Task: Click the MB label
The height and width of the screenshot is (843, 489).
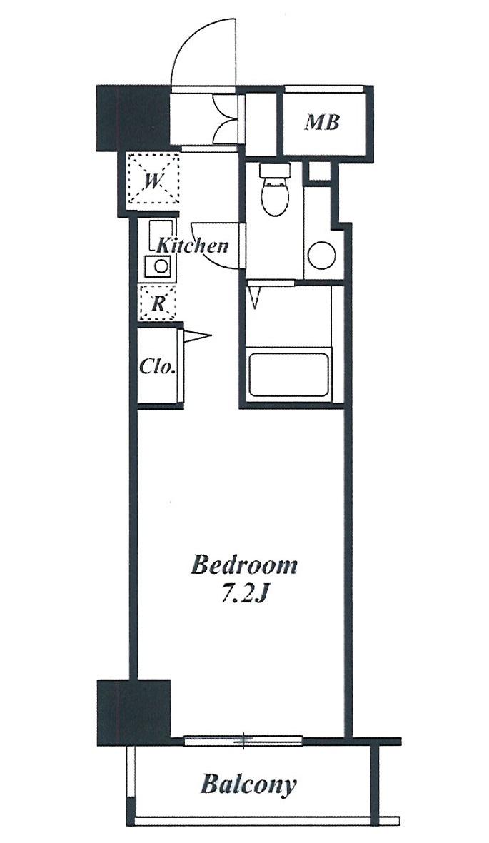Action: tap(322, 123)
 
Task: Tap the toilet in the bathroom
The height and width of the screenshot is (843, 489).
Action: tap(275, 191)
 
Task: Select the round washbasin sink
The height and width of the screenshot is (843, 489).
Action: tap(322, 255)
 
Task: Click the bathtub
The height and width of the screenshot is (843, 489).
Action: tap(288, 374)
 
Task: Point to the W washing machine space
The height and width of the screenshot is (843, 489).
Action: tap(153, 180)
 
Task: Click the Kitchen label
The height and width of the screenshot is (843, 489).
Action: tap(192, 246)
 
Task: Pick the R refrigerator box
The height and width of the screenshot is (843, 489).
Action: tap(157, 303)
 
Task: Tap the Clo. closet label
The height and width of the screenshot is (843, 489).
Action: tap(158, 367)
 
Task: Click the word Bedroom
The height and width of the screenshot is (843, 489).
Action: tap(243, 565)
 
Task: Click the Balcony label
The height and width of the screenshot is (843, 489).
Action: tap(248, 784)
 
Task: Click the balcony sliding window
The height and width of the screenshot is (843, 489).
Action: tap(244, 741)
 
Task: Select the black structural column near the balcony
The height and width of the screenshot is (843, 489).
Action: tap(133, 712)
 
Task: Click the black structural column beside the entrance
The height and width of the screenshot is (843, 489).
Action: tap(133, 118)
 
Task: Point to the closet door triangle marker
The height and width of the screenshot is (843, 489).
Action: tap(197, 337)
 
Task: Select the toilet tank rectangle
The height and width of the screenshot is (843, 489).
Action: tap(275, 171)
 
